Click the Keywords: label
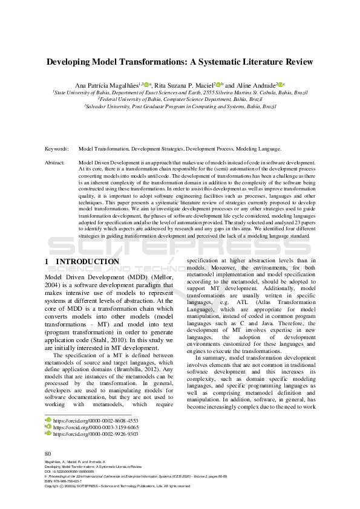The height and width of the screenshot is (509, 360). tap(56, 148)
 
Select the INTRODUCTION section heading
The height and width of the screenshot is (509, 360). tap(87, 262)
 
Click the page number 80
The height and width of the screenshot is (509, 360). tap(48, 453)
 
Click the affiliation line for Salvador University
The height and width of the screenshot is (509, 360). tap(180, 106)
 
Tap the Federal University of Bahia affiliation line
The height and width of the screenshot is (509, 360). tap(180, 99)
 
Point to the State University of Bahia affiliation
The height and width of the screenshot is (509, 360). tap(180, 93)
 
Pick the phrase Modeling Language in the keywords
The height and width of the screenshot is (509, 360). tap(258, 148)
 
